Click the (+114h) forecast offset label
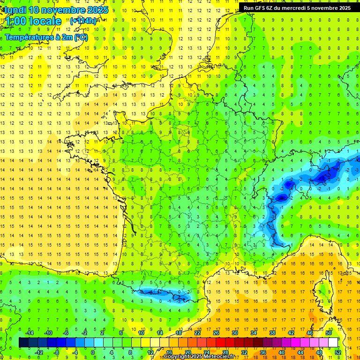click(x=83, y=21)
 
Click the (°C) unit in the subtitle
click(x=80, y=37)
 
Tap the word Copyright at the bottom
click(x=178, y=357)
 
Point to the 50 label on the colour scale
click(x=329, y=333)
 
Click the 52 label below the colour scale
click(x=338, y=352)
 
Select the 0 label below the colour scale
click(x=93, y=352)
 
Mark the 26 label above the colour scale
click(x=216, y=333)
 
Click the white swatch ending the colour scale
click(x=333, y=342)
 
